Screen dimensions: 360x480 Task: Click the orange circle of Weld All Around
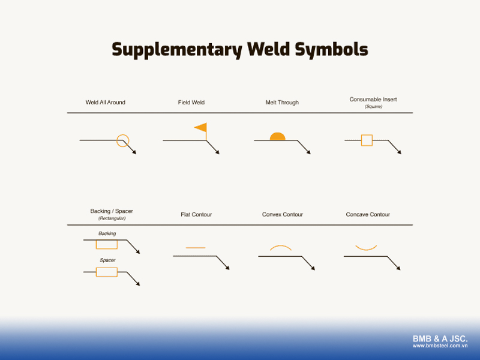[122, 141]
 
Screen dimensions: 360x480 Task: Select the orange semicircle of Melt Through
[277, 137]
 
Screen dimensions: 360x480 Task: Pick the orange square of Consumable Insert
[367, 140]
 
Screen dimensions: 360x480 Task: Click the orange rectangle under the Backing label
[107, 244]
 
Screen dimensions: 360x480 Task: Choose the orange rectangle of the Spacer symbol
[107, 272]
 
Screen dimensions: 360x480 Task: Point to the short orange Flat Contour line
[196, 247]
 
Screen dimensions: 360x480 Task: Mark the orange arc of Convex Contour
[281, 247]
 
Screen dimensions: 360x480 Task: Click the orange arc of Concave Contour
[366, 247]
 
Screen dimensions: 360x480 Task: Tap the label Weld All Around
[106, 103]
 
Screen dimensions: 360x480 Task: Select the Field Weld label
[191, 103]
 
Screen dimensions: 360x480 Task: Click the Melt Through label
[282, 103]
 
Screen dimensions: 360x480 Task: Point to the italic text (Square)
[373, 106]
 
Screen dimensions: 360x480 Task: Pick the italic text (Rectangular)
[112, 218]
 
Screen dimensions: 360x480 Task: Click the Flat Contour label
[196, 214]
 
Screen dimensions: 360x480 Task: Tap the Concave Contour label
[368, 214]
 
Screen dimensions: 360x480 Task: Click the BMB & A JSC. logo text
[440, 339]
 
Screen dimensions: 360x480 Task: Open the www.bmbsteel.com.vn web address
[440, 346]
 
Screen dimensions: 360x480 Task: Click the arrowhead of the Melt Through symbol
[308, 152]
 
